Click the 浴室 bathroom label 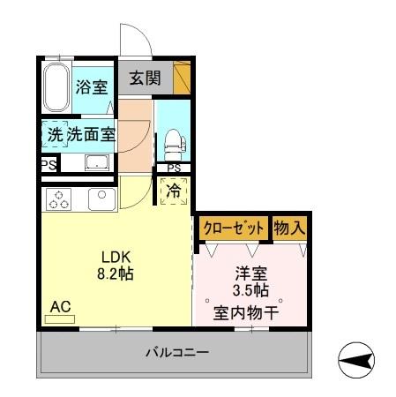point(92,87)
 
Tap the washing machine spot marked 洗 point(54,136)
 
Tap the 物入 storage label point(289,227)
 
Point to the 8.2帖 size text point(114,274)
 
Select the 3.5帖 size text point(250,290)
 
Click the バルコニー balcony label point(176,354)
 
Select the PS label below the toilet point(174,169)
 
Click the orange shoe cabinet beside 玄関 point(182,78)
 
